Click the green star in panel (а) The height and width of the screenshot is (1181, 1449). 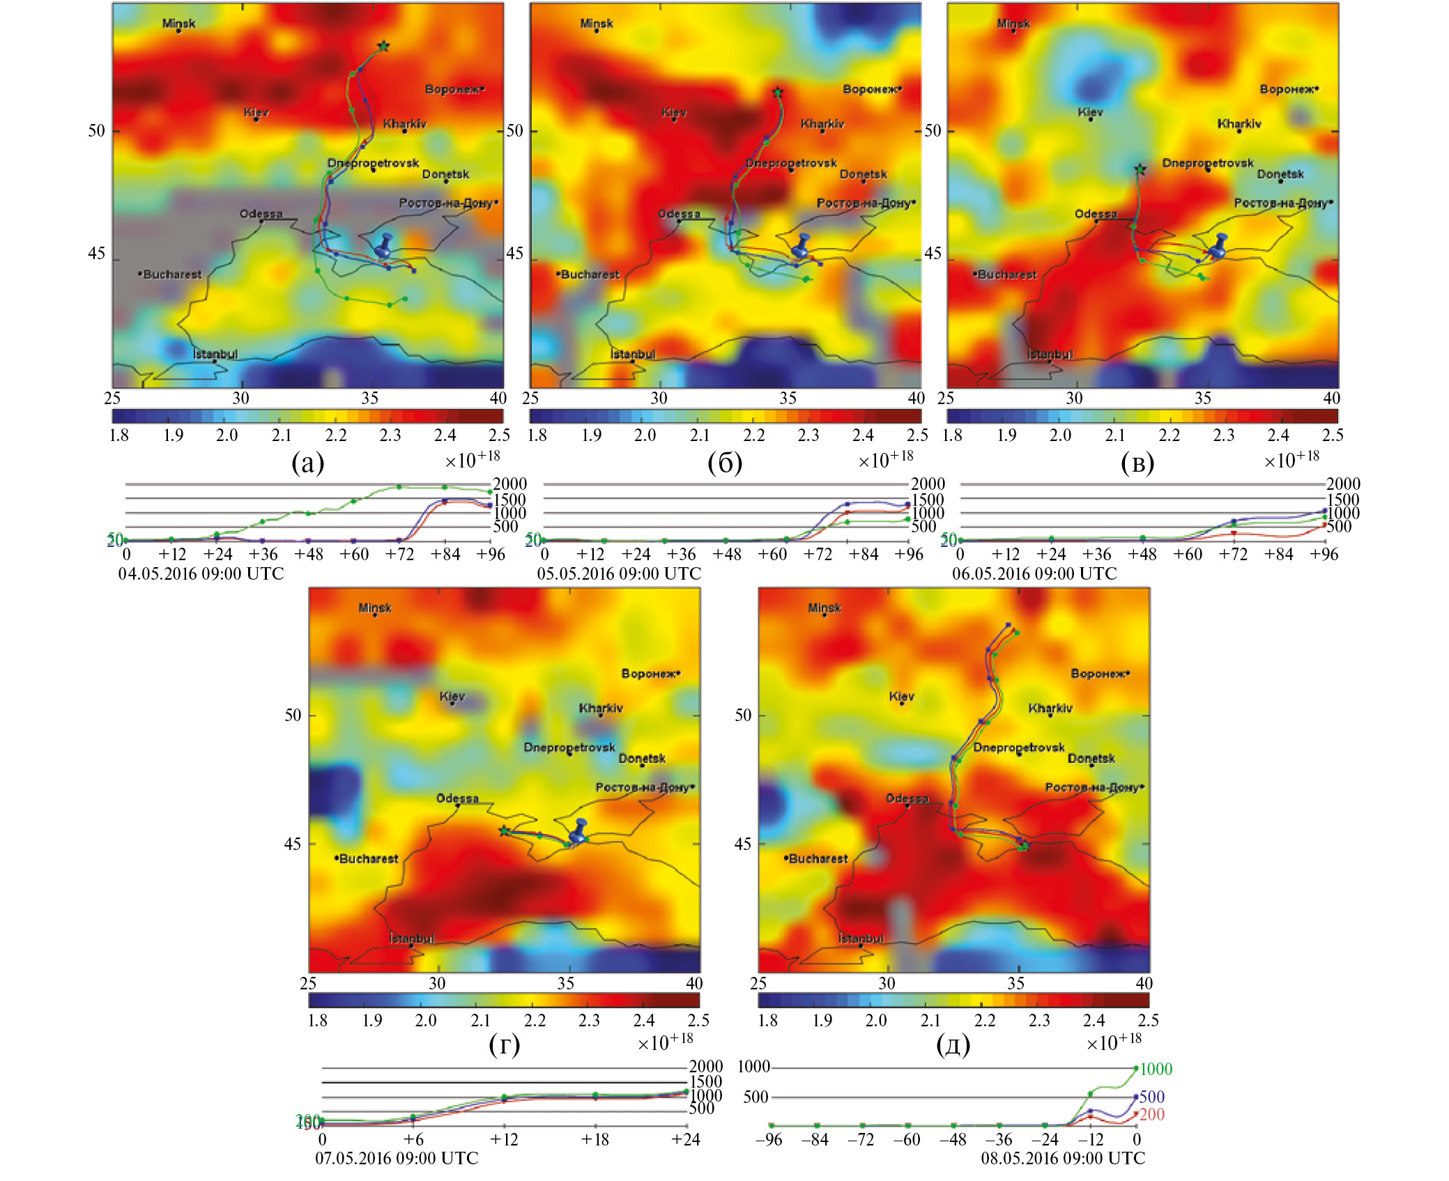point(383,46)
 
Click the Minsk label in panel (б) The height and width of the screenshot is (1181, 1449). point(597,24)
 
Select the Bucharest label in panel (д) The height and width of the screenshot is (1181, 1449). point(818,858)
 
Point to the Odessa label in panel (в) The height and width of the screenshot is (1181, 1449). point(1095,214)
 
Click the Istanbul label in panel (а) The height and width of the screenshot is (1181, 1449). point(215,354)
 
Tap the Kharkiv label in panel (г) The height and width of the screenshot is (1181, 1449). point(601,708)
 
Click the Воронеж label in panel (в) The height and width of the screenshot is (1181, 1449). point(1289,89)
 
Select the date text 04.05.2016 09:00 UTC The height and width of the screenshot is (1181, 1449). point(201,573)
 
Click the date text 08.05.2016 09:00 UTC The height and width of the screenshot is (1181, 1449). point(1063,1158)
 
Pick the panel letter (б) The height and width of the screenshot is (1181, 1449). point(725,463)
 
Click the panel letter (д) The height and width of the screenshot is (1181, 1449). point(953,1045)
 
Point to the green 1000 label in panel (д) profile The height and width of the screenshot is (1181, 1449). point(1156,1069)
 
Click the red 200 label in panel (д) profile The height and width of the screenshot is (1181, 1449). point(1151,1114)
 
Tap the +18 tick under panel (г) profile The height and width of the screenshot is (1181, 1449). point(595,1139)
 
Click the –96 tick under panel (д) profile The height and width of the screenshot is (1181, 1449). point(769,1139)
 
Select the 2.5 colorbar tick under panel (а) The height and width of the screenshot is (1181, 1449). point(499,435)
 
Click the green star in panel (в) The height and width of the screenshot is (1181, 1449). point(1140,169)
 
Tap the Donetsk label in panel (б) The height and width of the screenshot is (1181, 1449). point(863,174)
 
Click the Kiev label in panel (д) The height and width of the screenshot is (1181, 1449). point(901,697)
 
